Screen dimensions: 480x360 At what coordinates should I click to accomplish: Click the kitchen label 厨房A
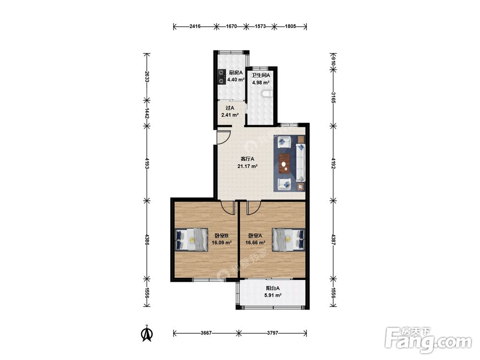pyautogui.click(x=236, y=72)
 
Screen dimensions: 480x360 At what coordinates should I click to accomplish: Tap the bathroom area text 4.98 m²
pyautogui.click(x=261, y=83)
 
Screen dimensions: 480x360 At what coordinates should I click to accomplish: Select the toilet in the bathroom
pyautogui.click(x=267, y=94)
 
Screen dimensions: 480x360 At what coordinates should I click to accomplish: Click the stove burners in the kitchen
pyautogui.click(x=221, y=77)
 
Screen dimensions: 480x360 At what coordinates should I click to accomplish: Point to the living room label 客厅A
pyautogui.click(x=247, y=159)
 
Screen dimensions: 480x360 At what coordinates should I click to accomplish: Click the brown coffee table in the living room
pyautogui.click(x=285, y=164)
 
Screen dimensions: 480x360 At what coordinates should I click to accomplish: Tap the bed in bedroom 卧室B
pyautogui.click(x=192, y=240)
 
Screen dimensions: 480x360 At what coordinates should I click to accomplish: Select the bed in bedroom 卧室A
pyautogui.click(x=288, y=240)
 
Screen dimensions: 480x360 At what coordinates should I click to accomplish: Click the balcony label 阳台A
pyautogui.click(x=273, y=288)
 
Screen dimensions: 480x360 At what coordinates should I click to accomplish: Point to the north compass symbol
pyautogui.click(x=147, y=334)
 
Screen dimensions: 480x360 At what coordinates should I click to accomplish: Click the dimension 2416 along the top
pyautogui.click(x=195, y=26)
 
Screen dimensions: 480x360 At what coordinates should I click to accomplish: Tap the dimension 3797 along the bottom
pyautogui.click(x=273, y=333)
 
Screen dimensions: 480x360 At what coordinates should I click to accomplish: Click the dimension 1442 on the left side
pyautogui.click(x=147, y=113)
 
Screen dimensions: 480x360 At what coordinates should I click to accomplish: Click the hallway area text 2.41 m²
pyautogui.click(x=230, y=115)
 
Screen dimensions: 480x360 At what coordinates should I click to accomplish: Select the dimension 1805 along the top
pyautogui.click(x=290, y=26)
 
